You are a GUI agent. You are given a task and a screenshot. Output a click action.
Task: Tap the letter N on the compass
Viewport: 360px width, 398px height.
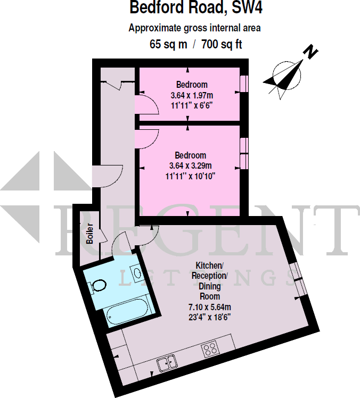point(310,52)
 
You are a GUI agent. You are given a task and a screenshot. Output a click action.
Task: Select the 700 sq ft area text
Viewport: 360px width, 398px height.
point(222,44)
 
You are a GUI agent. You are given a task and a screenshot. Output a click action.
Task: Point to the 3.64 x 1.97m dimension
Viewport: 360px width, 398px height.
point(192,95)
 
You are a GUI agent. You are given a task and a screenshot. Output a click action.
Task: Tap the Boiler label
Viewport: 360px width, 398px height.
point(90,233)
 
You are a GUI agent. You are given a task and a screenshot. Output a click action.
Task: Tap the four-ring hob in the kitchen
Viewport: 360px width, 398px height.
point(210,350)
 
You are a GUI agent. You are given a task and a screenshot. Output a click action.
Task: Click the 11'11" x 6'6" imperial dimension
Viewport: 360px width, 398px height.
point(192,105)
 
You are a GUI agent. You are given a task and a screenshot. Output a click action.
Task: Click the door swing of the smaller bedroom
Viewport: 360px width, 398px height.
point(147,105)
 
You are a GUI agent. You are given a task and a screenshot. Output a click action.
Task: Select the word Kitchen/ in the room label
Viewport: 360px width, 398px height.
point(210,266)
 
